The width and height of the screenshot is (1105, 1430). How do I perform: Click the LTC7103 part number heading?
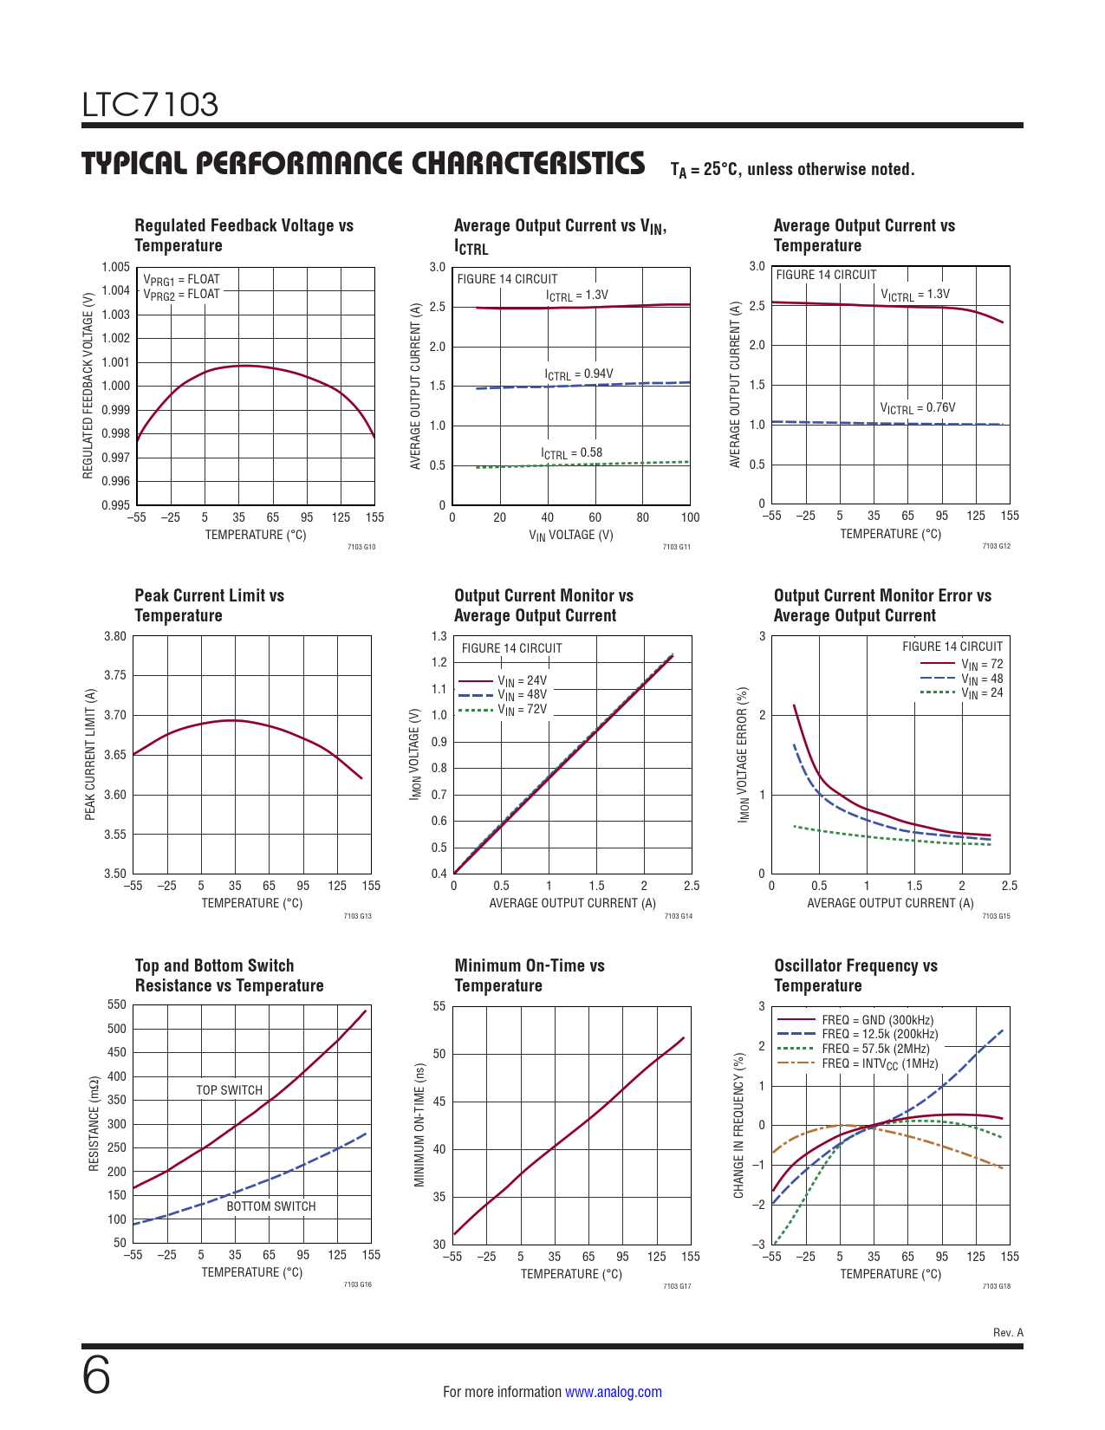[150, 105]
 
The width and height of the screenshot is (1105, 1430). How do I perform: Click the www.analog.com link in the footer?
[613, 1392]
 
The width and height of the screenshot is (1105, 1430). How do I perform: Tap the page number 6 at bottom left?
[96, 1375]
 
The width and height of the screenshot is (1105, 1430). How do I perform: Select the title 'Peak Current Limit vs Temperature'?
[209, 605]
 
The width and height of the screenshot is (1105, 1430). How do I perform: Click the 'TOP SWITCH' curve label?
[229, 1090]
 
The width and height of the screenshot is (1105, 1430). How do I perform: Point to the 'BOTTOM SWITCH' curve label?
[270, 1206]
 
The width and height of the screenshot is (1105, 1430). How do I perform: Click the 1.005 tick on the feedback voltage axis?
[115, 267]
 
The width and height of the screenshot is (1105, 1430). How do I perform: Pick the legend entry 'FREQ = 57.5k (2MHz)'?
[875, 1049]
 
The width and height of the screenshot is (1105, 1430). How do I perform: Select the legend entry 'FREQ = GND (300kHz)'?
[877, 1020]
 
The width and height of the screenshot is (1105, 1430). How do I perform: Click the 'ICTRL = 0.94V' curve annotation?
[578, 374]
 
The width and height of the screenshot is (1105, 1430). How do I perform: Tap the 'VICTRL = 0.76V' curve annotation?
[917, 408]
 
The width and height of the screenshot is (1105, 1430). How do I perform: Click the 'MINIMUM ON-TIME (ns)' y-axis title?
[419, 1125]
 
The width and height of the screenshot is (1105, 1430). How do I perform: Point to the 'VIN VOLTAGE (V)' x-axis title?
[570, 535]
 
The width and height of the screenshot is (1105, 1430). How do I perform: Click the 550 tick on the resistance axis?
[116, 1005]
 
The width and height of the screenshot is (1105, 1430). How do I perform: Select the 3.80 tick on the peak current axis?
[115, 636]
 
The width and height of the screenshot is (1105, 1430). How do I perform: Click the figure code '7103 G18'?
[996, 1286]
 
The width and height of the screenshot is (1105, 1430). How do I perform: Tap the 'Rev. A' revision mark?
[1008, 1332]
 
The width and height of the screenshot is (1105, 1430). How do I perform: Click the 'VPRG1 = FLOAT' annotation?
[181, 280]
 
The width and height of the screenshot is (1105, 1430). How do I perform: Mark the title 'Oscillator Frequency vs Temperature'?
[855, 975]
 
